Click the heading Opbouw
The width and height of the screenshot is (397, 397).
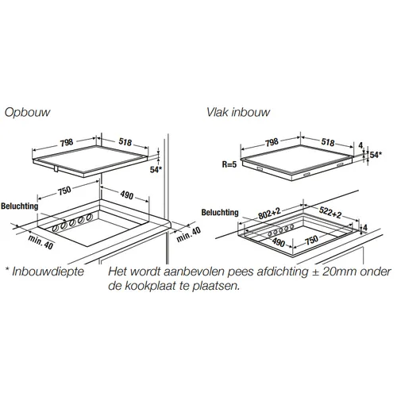click(27, 113)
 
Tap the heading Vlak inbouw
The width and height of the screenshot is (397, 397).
click(238, 112)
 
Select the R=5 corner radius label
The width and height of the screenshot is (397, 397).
click(229, 164)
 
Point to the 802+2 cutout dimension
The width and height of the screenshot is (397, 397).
click(269, 214)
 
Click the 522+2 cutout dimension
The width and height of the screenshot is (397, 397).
click(330, 212)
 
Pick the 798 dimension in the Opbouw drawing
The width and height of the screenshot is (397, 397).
click(67, 142)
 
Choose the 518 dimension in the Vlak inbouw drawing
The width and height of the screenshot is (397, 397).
click(328, 142)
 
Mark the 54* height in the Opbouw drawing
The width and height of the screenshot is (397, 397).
click(156, 170)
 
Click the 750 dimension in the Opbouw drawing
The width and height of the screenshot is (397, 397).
click(64, 191)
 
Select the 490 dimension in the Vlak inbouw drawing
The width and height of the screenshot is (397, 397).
click(279, 242)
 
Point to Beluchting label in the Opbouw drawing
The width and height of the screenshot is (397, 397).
click(20, 206)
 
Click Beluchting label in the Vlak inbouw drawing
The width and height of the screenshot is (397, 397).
click(220, 212)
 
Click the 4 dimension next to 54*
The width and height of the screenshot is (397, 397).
click(360, 145)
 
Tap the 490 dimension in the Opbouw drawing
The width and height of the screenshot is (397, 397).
click(127, 195)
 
